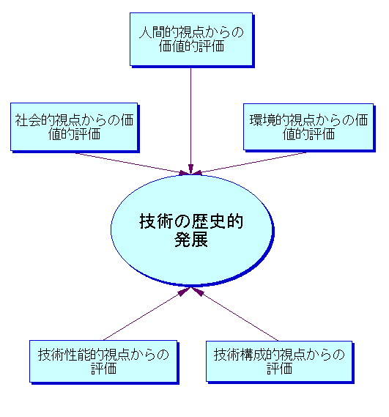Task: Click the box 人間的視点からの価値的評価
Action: click(191, 39)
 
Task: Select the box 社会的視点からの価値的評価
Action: click(74, 127)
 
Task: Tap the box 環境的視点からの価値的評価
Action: click(308, 127)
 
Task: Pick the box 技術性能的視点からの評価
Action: click(103, 361)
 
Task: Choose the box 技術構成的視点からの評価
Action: click(279, 361)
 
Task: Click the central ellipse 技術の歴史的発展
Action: click(191, 229)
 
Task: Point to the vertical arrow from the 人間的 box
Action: click(190, 120)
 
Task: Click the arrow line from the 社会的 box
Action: click(133, 163)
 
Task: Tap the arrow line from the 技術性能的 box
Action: click(147, 314)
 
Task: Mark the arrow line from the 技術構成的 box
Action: click(234, 314)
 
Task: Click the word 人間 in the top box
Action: click(152, 33)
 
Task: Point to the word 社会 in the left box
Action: click(28, 120)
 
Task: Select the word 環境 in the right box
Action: click(262, 120)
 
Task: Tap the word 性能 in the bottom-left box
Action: click(77, 355)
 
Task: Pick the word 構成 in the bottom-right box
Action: click(253, 355)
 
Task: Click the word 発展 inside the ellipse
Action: click(191, 240)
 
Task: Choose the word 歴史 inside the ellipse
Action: click(208, 221)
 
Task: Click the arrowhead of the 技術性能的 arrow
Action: click(185, 291)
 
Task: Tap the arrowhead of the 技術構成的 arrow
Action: click(197, 291)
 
